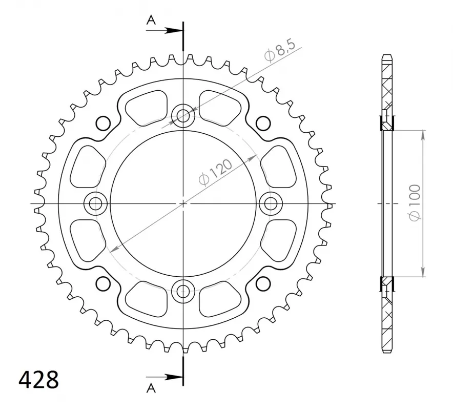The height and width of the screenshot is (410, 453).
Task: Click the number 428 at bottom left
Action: point(39,380)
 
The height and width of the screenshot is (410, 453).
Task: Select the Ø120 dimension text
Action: point(215,172)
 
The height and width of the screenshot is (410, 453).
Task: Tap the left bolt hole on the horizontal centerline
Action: point(95,203)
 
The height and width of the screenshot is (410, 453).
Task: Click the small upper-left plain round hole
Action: point(103,124)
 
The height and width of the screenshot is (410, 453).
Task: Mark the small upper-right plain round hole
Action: point(263,124)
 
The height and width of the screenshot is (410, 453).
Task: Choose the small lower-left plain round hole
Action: point(103,283)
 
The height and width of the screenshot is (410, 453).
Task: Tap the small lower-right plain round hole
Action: point(263,283)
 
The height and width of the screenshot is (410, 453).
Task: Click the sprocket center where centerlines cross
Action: point(183,203)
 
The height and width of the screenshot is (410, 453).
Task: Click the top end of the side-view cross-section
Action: point(388,55)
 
